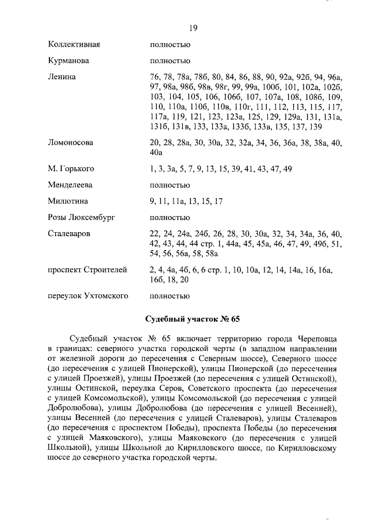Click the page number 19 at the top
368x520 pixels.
[x=193, y=28]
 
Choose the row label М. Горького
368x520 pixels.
[x=71, y=168]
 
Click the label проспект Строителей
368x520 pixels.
[x=87, y=269]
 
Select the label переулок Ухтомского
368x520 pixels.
[x=87, y=296]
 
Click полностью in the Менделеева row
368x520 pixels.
[x=170, y=185]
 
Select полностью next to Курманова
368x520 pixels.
[x=170, y=60]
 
